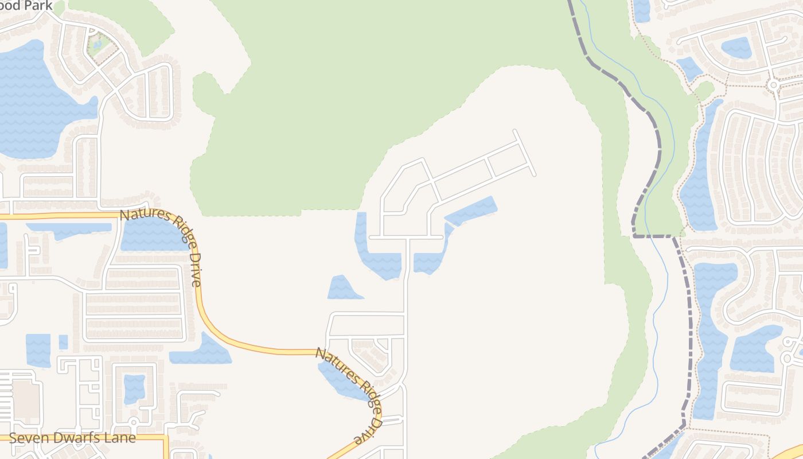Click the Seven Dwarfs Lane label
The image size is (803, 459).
tap(72, 438)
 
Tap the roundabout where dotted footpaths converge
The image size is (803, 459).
tap(773, 85)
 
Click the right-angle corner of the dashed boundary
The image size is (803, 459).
tap(635, 235)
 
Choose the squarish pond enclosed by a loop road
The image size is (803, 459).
tap(134, 388)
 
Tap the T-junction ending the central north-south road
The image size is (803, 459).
tap(407, 237)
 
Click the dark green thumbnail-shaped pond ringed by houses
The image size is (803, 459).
tap(736, 48)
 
